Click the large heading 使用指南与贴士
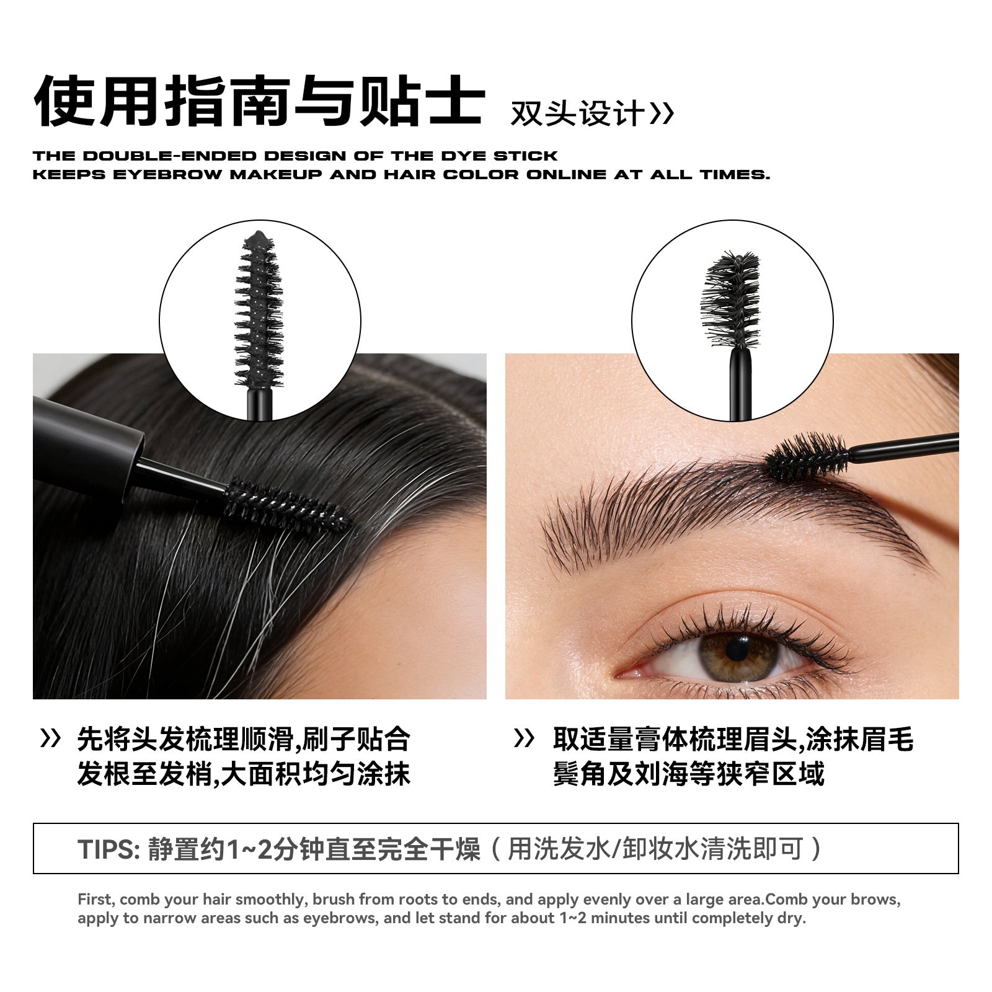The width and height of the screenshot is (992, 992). pyautogui.click(x=259, y=102)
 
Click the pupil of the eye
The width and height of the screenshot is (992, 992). pyautogui.click(x=737, y=649)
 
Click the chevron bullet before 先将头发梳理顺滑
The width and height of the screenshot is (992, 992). pyautogui.click(x=50, y=738)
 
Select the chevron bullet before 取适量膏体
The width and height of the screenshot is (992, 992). pyautogui.click(x=525, y=738)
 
